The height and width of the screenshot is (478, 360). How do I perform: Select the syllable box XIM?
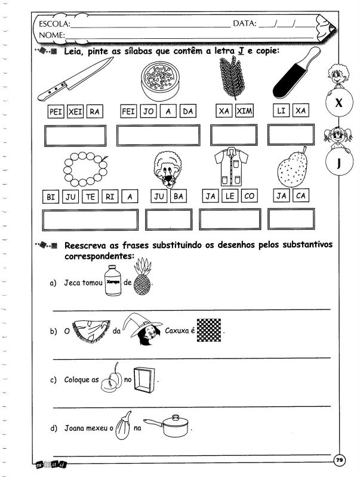[244, 111]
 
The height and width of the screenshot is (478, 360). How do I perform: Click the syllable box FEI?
[128, 111]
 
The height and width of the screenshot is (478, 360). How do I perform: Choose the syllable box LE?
[231, 196]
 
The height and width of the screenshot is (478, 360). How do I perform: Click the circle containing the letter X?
[338, 103]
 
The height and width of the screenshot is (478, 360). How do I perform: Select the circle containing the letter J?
[337, 163]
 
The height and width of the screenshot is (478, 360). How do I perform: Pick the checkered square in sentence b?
[209, 329]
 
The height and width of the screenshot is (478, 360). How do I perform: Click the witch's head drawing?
[143, 333]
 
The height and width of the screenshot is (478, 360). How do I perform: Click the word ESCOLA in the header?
[53, 24]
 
